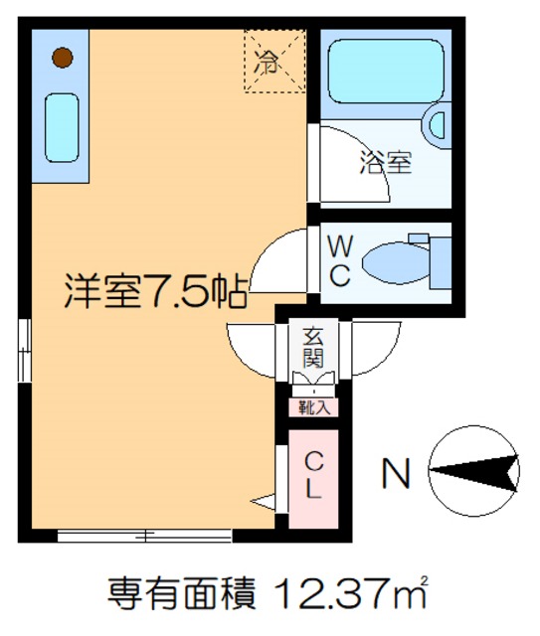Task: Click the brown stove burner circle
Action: pyautogui.click(x=62, y=58)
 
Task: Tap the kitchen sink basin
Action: pyautogui.click(x=62, y=127)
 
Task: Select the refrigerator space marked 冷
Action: pyautogui.click(x=274, y=62)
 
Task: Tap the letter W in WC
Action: pyautogui.click(x=338, y=243)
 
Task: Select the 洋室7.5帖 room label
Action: pyautogui.click(x=156, y=290)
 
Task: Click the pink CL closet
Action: pyautogui.click(x=313, y=477)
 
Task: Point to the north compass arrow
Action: pyautogui.click(x=474, y=472)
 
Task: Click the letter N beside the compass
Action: pyautogui.click(x=397, y=475)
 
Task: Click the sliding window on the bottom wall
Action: pyautogui.click(x=144, y=537)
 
